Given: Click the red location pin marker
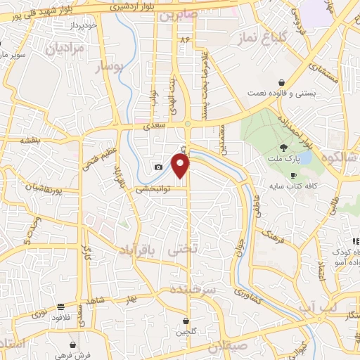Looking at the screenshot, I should [181, 165].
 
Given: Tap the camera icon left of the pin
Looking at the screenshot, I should [158, 167].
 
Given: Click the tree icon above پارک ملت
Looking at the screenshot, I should [283, 147].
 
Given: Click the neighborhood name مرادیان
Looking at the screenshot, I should [65, 49].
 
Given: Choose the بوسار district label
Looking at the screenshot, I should [109, 67].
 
